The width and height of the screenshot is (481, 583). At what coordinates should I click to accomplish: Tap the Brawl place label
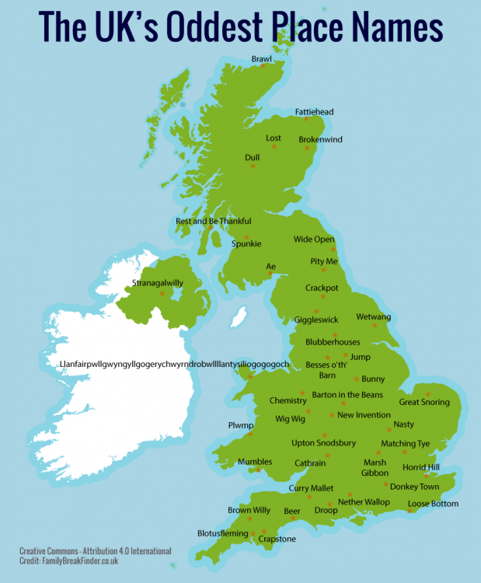[262, 58]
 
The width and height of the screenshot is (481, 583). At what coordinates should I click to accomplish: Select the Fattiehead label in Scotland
[314, 112]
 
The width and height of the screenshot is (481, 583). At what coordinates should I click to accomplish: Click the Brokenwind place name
[320, 140]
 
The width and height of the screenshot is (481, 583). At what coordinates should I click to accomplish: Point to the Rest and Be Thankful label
[213, 221]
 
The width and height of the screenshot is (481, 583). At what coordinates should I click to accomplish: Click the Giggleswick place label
[316, 319]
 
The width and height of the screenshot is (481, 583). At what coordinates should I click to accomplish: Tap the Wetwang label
[373, 317]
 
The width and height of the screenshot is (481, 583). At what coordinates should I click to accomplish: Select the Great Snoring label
[424, 402]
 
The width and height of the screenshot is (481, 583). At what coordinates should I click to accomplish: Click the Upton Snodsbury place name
[323, 443]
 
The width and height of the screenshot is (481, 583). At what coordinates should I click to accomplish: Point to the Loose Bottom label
[433, 504]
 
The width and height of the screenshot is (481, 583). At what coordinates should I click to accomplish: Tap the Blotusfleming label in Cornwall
[223, 533]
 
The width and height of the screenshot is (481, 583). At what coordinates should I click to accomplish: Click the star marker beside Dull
[251, 166]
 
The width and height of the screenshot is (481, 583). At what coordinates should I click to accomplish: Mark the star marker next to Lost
[273, 148]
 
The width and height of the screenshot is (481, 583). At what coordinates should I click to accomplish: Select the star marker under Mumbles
[259, 470]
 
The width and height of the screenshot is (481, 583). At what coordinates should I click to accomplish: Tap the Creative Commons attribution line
[95, 551]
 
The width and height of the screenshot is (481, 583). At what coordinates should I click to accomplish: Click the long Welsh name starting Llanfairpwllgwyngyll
[174, 364]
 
